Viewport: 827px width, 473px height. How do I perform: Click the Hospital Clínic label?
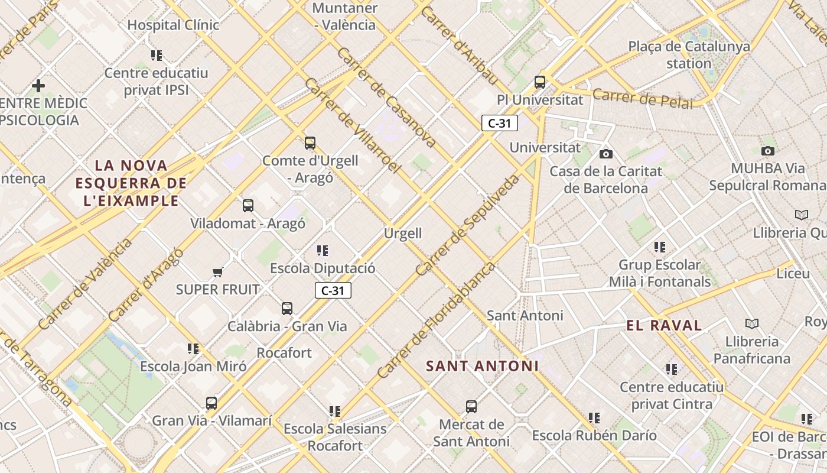tap(173, 25)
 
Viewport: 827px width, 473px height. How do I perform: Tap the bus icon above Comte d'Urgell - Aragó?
tap(310, 142)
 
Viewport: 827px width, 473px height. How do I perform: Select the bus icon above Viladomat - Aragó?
tap(248, 206)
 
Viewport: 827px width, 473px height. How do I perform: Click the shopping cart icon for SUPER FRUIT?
tap(217, 272)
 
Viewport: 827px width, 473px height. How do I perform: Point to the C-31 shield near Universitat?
tap(500, 123)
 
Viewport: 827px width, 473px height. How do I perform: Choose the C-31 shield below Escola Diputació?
tap(333, 290)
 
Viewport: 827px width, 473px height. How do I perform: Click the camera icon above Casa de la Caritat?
tap(605, 154)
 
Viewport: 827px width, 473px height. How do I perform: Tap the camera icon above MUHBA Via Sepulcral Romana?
tap(767, 151)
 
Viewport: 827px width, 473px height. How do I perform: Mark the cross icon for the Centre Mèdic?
tap(38, 86)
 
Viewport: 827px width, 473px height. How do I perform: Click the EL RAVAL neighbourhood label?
tap(664, 325)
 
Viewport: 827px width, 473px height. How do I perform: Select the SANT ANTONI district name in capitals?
tap(482, 366)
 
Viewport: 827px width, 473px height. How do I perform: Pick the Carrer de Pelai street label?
tap(642, 98)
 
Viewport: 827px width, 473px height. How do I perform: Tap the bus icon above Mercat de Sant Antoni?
tap(471, 407)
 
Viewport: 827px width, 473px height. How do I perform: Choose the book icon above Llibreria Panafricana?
tap(751, 323)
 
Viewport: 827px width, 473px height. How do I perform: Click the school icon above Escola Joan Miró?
tap(193, 349)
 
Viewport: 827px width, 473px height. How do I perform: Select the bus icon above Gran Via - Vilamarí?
tap(211, 403)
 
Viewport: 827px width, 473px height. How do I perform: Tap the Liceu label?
tap(793, 274)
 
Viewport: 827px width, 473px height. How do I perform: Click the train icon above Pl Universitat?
tap(539, 82)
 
